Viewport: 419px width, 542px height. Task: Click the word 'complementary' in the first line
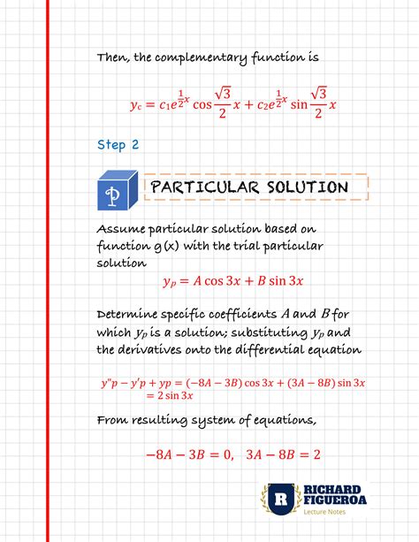pyautogui.click(x=196, y=58)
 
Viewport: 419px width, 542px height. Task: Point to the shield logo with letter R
pyautogui.click(x=280, y=500)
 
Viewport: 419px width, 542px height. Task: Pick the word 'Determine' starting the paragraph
pyautogui.click(x=129, y=315)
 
